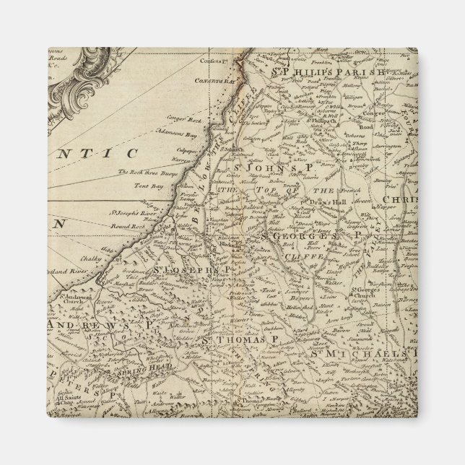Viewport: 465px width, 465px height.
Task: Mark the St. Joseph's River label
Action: (x=134, y=213)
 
